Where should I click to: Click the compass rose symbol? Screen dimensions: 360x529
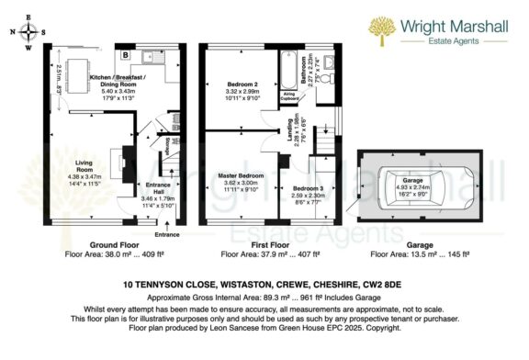[x=32, y=30]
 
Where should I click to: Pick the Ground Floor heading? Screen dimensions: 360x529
[x=114, y=247]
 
